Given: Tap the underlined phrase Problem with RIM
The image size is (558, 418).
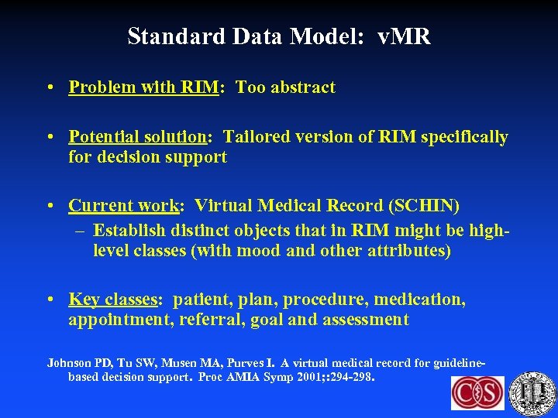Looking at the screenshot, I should tap(143, 87).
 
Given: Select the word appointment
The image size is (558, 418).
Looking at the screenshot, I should tap(119, 319).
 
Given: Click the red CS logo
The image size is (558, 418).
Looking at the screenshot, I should tap(477, 393).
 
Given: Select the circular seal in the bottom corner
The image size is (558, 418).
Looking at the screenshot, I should tap(534, 393).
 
